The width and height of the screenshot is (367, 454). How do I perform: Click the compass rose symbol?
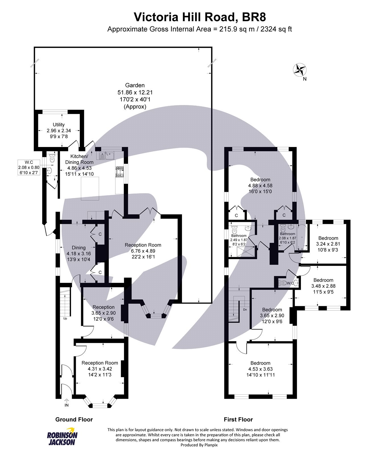click(299, 70)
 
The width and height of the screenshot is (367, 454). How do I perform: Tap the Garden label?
click(135, 85)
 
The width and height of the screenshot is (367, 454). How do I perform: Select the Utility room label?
click(59, 125)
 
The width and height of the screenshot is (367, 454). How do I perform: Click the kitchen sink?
click(106, 155)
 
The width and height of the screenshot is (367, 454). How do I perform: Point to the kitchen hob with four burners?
click(120, 172)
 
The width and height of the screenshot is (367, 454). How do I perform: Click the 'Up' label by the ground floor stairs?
click(65, 318)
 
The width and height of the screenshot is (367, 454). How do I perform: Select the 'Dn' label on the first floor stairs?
click(245, 310)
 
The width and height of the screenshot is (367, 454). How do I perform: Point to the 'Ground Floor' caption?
click(74, 419)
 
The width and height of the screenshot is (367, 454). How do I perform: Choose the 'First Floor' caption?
click(238, 419)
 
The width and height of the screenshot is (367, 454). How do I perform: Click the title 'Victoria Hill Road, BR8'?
click(200, 17)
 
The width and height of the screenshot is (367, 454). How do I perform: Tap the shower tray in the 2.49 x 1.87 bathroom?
click(245, 251)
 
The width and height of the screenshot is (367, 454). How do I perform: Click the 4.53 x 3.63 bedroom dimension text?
click(260, 369)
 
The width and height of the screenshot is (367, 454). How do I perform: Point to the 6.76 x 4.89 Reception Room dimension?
click(143, 251)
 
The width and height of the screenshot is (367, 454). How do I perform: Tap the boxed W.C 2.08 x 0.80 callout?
click(29, 167)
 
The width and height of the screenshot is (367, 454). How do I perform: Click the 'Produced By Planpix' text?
click(199, 445)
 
